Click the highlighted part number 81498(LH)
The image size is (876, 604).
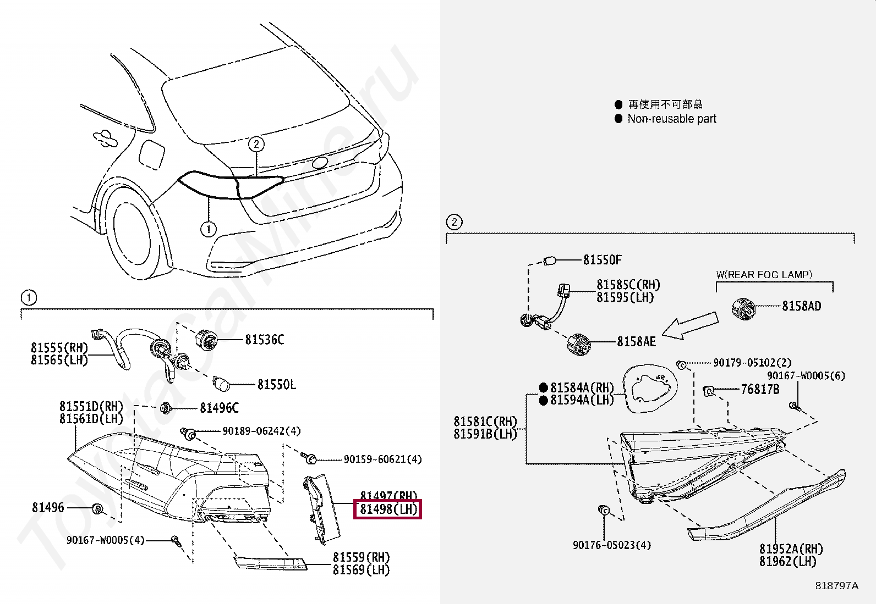click(x=388, y=509)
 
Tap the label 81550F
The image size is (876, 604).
click(x=602, y=260)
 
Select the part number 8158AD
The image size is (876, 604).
click(x=801, y=306)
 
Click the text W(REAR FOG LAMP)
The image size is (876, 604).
click(x=764, y=274)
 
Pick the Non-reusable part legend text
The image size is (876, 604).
click(x=671, y=119)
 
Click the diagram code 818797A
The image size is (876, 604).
click(x=836, y=586)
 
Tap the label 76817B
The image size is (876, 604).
click(x=760, y=390)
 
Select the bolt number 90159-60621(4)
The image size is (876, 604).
click(x=382, y=459)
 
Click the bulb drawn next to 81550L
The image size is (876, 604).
click(x=221, y=384)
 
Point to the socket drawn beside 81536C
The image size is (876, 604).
click(x=207, y=340)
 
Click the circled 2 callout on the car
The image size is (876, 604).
click(x=256, y=145)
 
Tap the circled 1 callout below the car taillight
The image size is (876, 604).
click(x=208, y=229)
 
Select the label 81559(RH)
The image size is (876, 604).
click(x=361, y=557)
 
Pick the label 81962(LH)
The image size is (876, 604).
click(x=787, y=562)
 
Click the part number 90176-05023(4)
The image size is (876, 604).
click(x=611, y=545)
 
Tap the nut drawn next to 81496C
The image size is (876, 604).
click(x=165, y=408)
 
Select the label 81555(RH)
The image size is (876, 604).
click(x=59, y=348)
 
